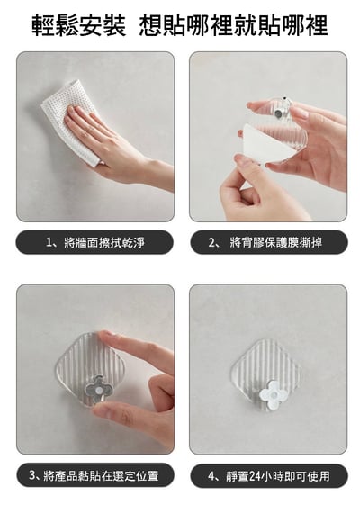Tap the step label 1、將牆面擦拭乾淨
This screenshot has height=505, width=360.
94,242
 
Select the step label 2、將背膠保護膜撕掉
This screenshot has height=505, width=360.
267,242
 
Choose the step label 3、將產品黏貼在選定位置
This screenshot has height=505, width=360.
94,475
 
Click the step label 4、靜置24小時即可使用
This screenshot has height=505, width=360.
267,475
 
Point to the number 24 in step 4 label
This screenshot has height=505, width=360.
258,475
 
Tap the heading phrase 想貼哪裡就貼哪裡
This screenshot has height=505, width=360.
234,24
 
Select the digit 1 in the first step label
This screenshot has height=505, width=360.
49,242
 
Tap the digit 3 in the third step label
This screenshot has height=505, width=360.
33,475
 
